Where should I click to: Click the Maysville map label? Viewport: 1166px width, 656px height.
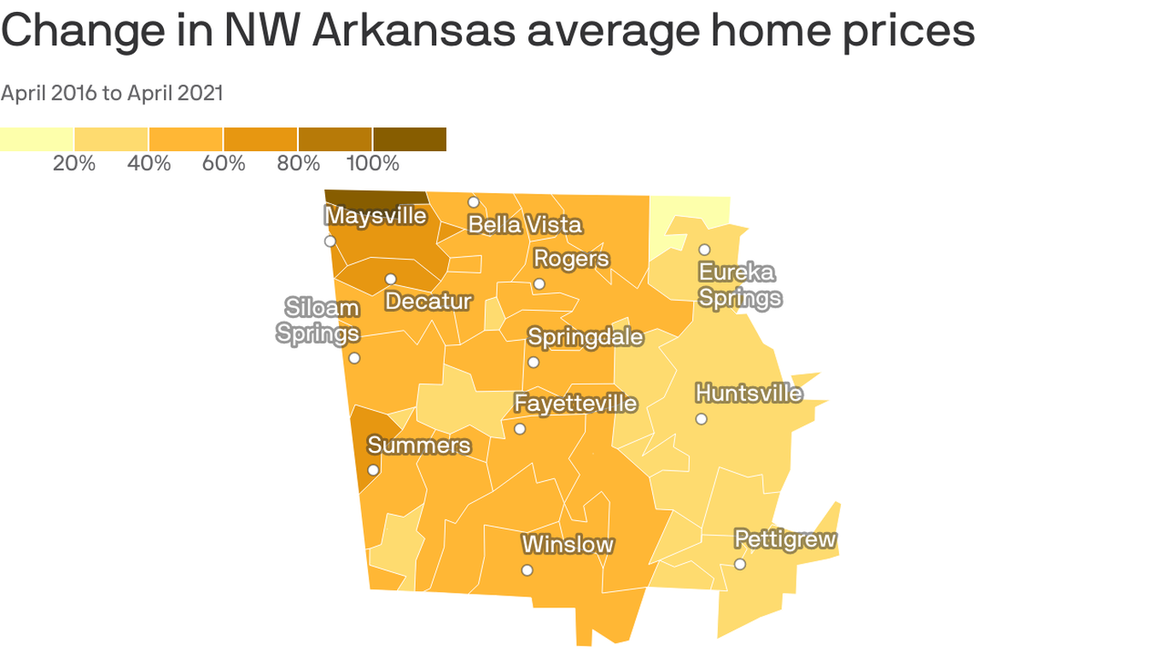[x=376, y=216]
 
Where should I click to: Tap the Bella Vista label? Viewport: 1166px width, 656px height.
[x=525, y=225]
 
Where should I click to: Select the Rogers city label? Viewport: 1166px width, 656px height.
[x=571, y=258]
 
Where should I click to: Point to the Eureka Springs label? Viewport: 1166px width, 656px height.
[x=739, y=285]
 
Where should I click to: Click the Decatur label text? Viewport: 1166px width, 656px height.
[x=428, y=301]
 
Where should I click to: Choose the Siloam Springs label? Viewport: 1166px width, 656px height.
[x=318, y=320]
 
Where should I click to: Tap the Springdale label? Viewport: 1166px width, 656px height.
[x=586, y=337]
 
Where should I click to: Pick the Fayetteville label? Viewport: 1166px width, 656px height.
[x=575, y=402]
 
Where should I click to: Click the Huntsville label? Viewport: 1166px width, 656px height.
[x=749, y=393]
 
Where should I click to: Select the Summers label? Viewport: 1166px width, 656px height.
[x=418, y=445]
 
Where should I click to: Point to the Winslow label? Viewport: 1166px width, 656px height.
[x=568, y=544]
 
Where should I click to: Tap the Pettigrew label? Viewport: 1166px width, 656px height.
[x=785, y=540]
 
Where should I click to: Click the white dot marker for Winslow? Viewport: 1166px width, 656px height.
[x=528, y=570]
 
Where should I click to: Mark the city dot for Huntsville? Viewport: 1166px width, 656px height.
[x=701, y=419]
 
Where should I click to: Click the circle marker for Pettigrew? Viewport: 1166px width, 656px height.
[x=740, y=564]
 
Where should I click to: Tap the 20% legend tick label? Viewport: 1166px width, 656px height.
[x=74, y=163]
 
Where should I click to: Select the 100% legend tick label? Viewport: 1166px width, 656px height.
[x=372, y=163]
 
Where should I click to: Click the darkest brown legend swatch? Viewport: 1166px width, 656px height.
[x=409, y=139]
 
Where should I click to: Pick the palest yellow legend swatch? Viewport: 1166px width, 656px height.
[x=37, y=139]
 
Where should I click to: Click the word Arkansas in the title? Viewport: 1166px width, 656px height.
[x=413, y=31]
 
